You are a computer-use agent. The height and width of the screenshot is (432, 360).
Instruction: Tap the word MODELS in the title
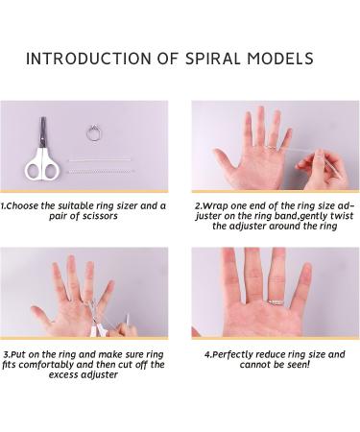point(280,59)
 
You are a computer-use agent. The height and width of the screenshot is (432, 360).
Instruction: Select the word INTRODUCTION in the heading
point(88,59)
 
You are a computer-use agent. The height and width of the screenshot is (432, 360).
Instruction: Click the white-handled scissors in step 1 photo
point(42,151)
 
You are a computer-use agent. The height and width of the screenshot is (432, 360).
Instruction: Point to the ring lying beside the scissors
point(94,133)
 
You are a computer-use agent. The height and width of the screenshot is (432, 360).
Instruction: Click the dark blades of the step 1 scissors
point(42,132)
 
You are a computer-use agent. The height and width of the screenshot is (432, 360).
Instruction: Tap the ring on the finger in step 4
point(276,302)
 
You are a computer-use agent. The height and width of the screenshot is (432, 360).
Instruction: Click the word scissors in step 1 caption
point(100,216)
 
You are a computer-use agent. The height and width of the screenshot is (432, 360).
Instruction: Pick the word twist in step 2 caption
point(342,216)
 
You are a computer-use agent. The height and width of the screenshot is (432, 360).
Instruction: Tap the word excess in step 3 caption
point(63,374)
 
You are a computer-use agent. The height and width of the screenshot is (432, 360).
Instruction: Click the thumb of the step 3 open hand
point(41,315)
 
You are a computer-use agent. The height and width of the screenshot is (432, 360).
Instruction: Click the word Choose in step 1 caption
point(21,206)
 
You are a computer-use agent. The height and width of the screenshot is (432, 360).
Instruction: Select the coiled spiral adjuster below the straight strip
point(100,172)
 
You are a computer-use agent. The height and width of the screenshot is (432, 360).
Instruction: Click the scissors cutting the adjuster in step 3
point(96,319)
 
